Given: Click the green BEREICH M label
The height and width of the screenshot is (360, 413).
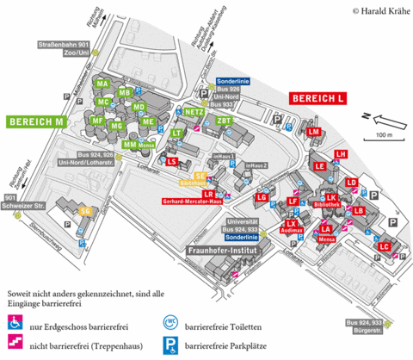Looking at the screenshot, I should [x=36, y=121].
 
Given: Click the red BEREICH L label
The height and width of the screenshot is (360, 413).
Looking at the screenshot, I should [x=317, y=100].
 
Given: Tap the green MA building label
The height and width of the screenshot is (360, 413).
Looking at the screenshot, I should [x=102, y=84].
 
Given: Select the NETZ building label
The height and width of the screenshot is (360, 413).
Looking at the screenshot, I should [x=194, y=112].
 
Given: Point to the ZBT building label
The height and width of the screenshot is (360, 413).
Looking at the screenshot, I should [x=225, y=121].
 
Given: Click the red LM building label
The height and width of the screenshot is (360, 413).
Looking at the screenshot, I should [x=314, y=131].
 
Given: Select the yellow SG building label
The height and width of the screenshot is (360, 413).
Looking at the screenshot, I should [x=85, y=211].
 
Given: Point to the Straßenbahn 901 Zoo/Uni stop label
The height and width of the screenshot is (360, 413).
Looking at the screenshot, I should [x=64, y=49].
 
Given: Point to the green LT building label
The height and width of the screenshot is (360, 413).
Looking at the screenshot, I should [x=176, y=133].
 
